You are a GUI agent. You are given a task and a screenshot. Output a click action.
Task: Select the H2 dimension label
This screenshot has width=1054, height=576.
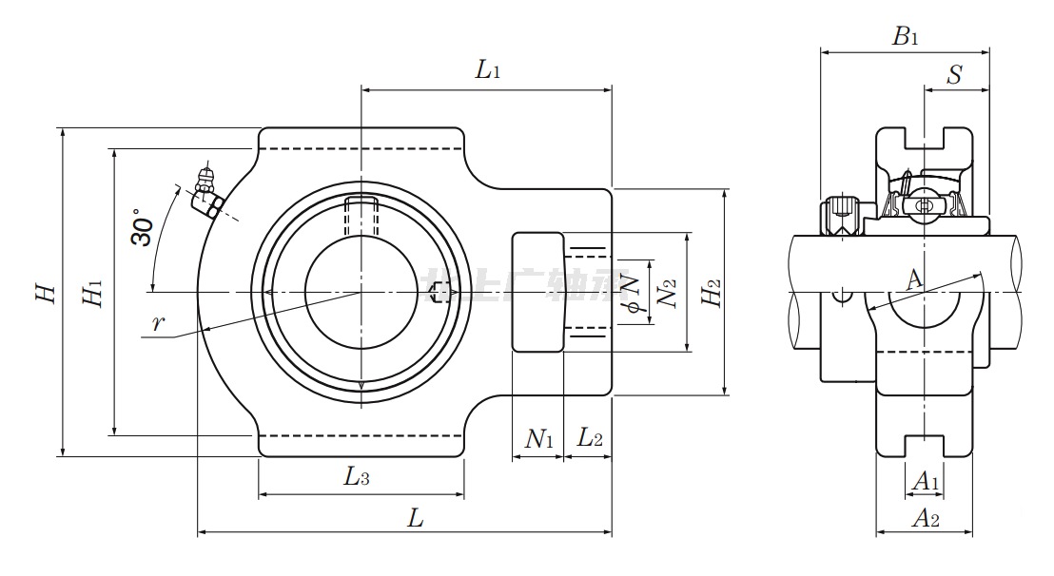coord(710,293)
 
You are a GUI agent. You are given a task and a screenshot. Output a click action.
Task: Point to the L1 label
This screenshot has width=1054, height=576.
coord(488,68)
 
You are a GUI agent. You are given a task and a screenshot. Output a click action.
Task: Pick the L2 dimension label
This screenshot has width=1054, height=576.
coord(590,438)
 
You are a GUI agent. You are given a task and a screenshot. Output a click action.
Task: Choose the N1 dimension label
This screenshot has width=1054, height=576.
coord(539,438)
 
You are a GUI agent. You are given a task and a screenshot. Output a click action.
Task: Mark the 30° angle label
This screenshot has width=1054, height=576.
coord(142,227)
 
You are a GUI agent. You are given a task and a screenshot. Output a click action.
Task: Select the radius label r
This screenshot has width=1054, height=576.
coord(159,323)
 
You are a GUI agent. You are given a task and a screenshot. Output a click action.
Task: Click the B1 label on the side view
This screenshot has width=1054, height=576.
coord(905,37)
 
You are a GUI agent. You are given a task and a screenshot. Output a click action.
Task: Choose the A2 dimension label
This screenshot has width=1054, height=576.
coord(926,518)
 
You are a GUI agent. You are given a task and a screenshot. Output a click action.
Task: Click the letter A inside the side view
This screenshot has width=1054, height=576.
coord(913,278)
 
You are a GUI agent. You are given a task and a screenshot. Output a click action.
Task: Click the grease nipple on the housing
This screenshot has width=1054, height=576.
coord(206,190)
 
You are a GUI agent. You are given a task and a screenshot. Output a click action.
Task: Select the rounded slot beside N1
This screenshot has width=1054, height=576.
coord(537,293)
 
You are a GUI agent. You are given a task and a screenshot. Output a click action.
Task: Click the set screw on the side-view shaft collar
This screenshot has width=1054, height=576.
coord(840,215)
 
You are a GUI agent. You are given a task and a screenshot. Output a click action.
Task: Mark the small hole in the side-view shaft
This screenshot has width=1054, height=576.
coord(841,296)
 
